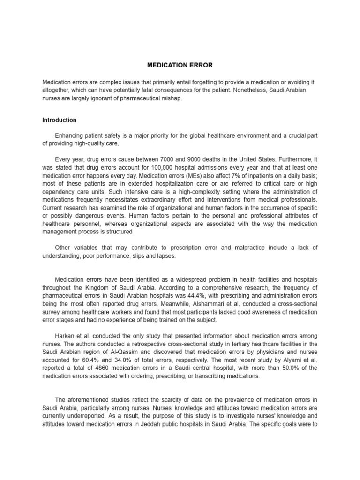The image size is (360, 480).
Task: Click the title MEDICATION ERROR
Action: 180,65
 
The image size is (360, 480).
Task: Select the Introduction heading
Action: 59,120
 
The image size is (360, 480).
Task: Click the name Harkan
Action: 65,337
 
